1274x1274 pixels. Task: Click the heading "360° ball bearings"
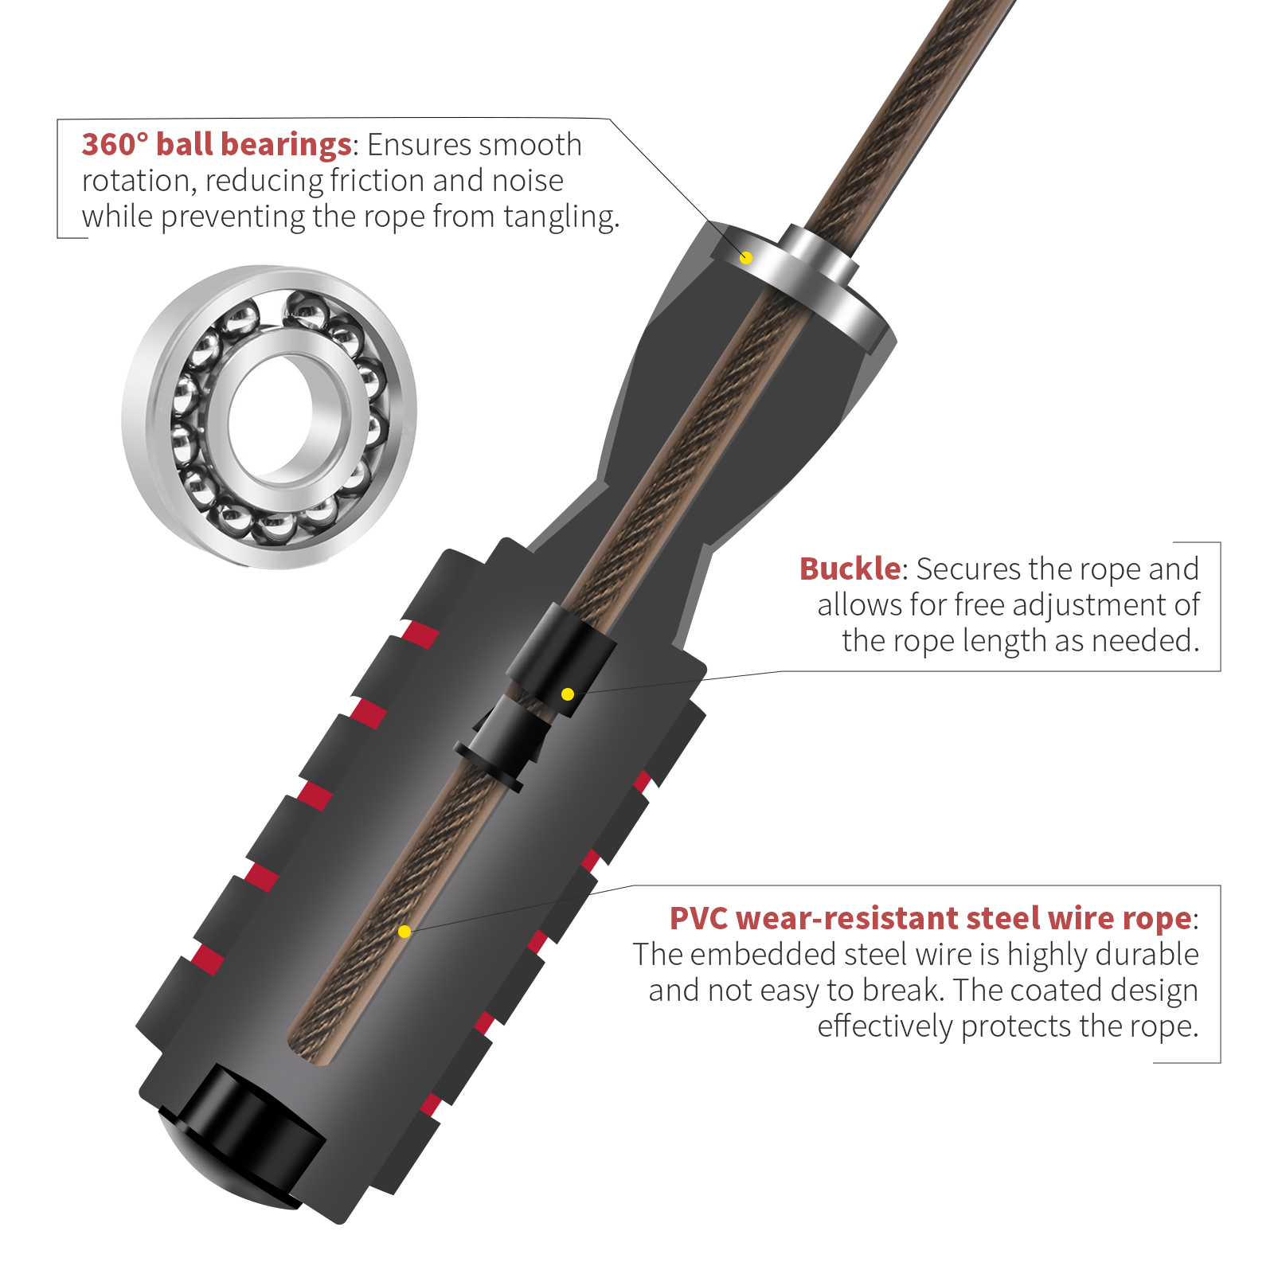[217, 144]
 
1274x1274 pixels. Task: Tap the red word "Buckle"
[850, 569]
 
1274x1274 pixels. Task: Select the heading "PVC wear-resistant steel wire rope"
[930, 918]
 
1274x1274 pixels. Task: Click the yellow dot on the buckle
[568, 694]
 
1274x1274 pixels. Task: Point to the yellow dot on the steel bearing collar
[746, 258]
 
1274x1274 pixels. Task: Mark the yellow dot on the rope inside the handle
[404, 932]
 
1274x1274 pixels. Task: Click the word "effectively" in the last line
[884, 1026]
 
